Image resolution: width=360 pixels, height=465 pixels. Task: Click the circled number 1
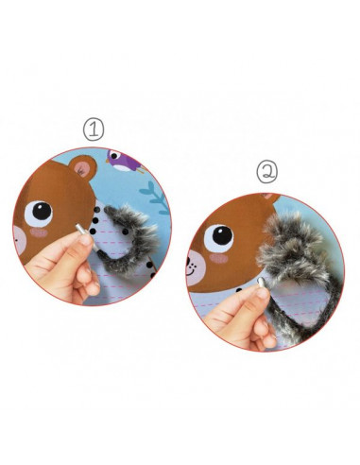(94, 129)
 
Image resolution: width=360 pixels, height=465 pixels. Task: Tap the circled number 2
(267, 172)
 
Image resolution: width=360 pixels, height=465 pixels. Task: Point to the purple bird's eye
(114, 155)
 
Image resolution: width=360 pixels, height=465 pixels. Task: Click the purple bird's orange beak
(108, 161)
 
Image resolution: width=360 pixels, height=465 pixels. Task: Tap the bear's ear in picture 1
(83, 168)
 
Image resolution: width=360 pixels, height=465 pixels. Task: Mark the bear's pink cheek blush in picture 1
(39, 232)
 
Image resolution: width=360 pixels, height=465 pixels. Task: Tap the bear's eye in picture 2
(219, 237)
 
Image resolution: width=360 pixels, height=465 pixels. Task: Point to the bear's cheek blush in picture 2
(218, 258)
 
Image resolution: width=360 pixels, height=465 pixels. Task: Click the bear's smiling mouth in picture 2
(191, 271)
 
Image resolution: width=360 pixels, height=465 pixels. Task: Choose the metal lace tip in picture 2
(262, 283)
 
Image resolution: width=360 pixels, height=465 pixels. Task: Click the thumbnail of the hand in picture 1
(86, 240)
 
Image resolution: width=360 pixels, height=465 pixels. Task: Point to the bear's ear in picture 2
(271, 198)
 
